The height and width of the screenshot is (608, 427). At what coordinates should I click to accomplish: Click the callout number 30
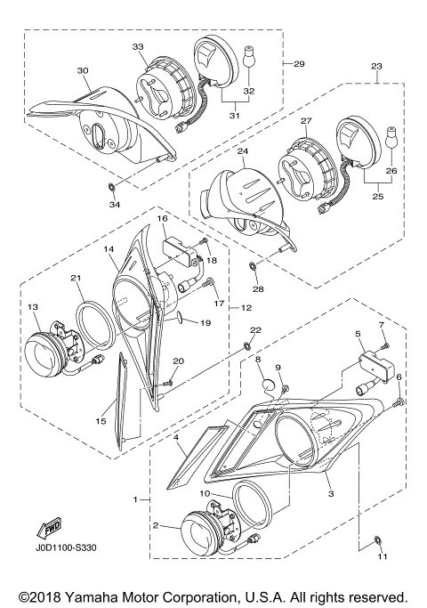(83, 70)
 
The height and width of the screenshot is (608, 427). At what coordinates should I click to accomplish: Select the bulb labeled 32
(249, 60)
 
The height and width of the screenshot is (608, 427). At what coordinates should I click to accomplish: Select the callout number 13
(34, 307)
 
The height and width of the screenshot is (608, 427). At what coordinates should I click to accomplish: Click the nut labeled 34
(109, 188)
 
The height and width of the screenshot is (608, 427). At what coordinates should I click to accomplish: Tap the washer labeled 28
(252, 266)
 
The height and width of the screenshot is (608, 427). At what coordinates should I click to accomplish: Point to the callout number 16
(163, 217)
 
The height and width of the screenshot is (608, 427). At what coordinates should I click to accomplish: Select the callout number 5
(359, 335)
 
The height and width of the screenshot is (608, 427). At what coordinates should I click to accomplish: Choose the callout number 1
(136, 501)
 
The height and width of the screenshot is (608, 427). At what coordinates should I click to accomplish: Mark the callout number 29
(299, 64)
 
